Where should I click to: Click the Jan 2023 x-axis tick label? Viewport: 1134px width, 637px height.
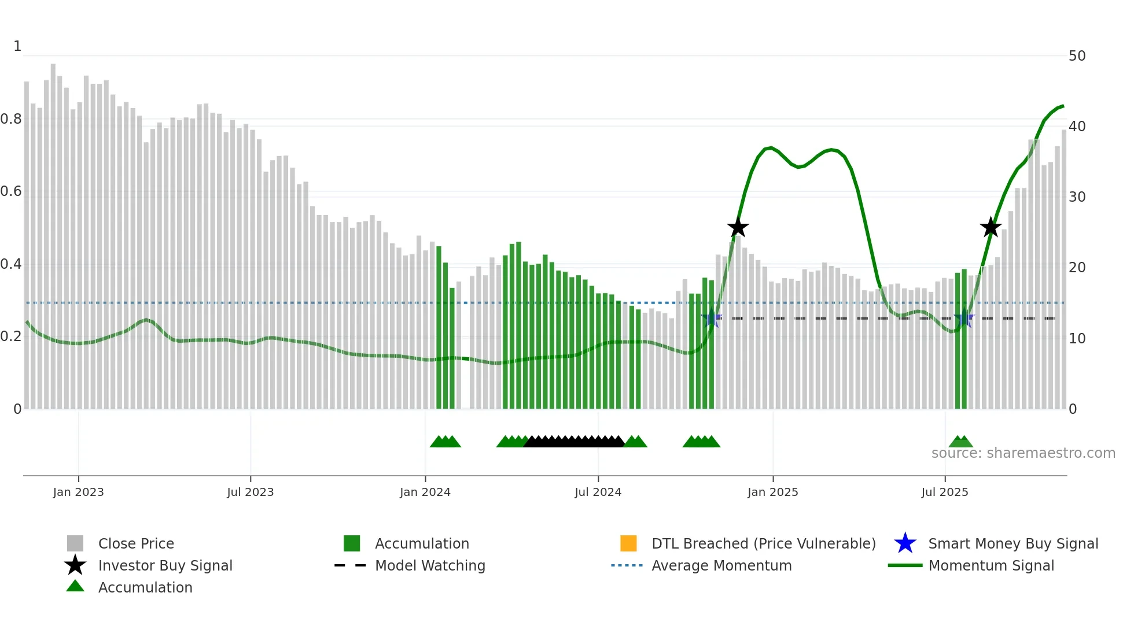tap(78, 492)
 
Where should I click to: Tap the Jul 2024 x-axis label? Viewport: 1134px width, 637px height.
tap(598, 492)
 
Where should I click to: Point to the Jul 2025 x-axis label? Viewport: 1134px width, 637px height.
tap(944, 492)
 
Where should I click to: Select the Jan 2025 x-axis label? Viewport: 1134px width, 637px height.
tap(772, 492)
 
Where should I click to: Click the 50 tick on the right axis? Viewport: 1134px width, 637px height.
tap(1077, 56)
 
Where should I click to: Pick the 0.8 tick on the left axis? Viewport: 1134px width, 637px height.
tap(11, 119)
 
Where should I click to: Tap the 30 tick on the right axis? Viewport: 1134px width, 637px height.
tap(1077, 197)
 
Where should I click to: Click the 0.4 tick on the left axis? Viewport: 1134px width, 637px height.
tap(11, 264)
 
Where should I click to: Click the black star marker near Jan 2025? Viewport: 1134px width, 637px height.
tap(738, 228)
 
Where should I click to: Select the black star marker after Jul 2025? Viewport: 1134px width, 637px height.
tap(991, 227)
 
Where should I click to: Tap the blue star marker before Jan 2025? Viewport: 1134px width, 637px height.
tap(712, 318)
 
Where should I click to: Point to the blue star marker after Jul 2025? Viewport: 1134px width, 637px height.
tap(964, 318)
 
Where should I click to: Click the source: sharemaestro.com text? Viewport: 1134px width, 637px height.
tap(1023, 453)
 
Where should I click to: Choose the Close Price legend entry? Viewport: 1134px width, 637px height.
tap(136, 543)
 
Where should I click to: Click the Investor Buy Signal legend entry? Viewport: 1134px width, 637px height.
tap(165, 565)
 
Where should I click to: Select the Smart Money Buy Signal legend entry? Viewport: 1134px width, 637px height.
tap(1013, 543)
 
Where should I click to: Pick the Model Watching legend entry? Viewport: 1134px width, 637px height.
tap(430, 565)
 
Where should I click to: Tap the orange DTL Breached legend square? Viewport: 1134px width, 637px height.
tap(628, 543)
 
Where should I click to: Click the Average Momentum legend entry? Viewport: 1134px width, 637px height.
tap(721, 565)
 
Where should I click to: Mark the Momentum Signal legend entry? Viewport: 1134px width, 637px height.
tap(991, 565)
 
